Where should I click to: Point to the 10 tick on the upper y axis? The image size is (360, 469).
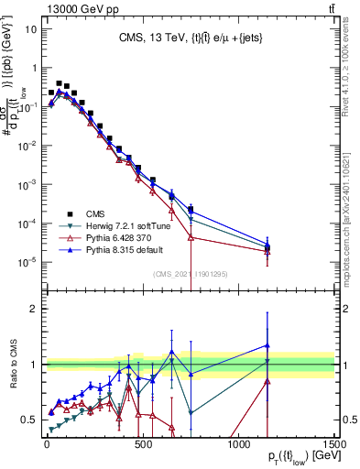[30, 28]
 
